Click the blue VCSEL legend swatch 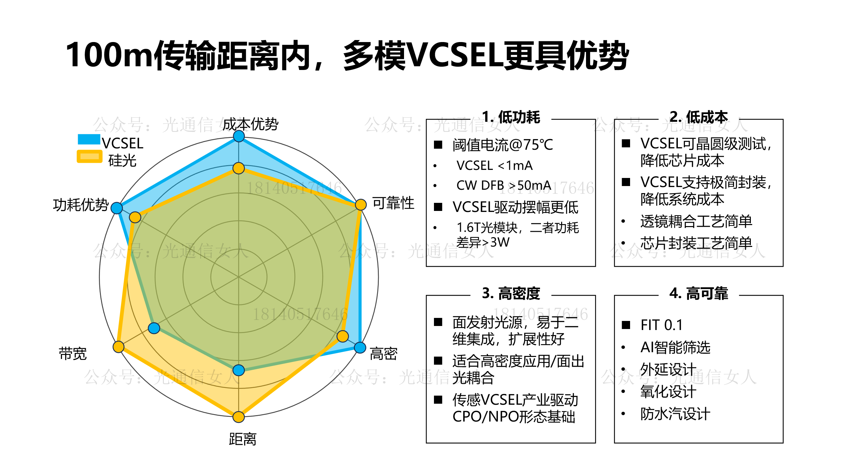pyautogui.click(x=89, y=139)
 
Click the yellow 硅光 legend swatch pyautogui.click(x=89, y=156)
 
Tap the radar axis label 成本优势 pyautogui.click(x=250, y=124)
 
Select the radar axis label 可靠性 pyautogui.click(x=393, y=203)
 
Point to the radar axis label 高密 pyautogui.click(x=383, y=354)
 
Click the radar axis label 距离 pyautogui.click(x=243, y=439)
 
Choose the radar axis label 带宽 pyautogui.click(x=73, y=354)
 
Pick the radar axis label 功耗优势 pyautogui.click(x=81, y=205)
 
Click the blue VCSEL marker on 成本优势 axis pyautogui.click(x=239, y=136)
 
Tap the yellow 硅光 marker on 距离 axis pyautogui.click(x=239, y=417)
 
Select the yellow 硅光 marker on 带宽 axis pyautogui.click(x=118, y=347)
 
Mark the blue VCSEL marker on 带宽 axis pyautogui.click(x=154, y=328)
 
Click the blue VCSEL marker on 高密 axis pyautogui.click(x=360, y=348)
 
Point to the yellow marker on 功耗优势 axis pyautogui.click(x=135, y=217)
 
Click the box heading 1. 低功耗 pyautogui.click(x=511, y=117)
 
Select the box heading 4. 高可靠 pyautogui.click(x=699, y=293)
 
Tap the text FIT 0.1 pyautogui.click(x=661, y=325)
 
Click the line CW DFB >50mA pyautogui.click(x=504, y=185)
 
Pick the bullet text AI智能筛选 pyautogui.click(x=675, y=347)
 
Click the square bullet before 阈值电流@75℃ pyautogui.click(x=438, y=145)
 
